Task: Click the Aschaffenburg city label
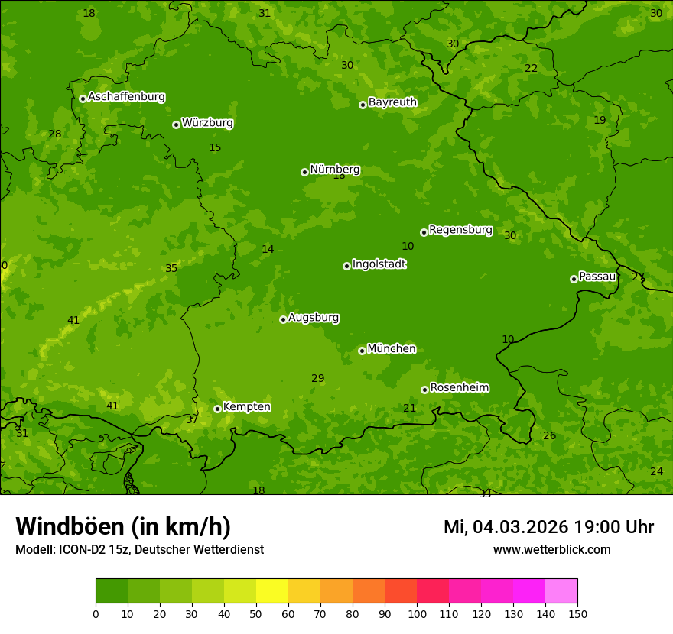pyautogui.click(x=126, y=97)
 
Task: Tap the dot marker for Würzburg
pyautogui.click(x=176, y=125)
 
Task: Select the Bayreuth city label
pyautogui.click(x=392, y=102)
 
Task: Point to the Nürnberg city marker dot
pyautogui.click(x=304, y=172)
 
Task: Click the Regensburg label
pyautogui.click(x=460, y=230)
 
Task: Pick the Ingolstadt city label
pyautogui.click(x=379, y=264)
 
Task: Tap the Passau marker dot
pyautogui.click(x=574, y=279)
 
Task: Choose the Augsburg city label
pyautogui.click(x=314, y=318)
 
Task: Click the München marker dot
pyautogui.click(x=362, y=351)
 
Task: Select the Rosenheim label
pyautogui.click(x=459, y=388)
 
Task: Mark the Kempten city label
pyautogui.click(x=246, y=407)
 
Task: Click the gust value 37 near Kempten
pyautogui.click(x=192, y=419)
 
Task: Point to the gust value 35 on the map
pyautogui.click(x=171, y=268)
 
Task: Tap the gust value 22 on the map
pyautogui.click(x=531, y=68)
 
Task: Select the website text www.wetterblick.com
pyautogui.click(x=551, y=550)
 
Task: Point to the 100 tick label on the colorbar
pyautogui.click(x=417, y=613)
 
